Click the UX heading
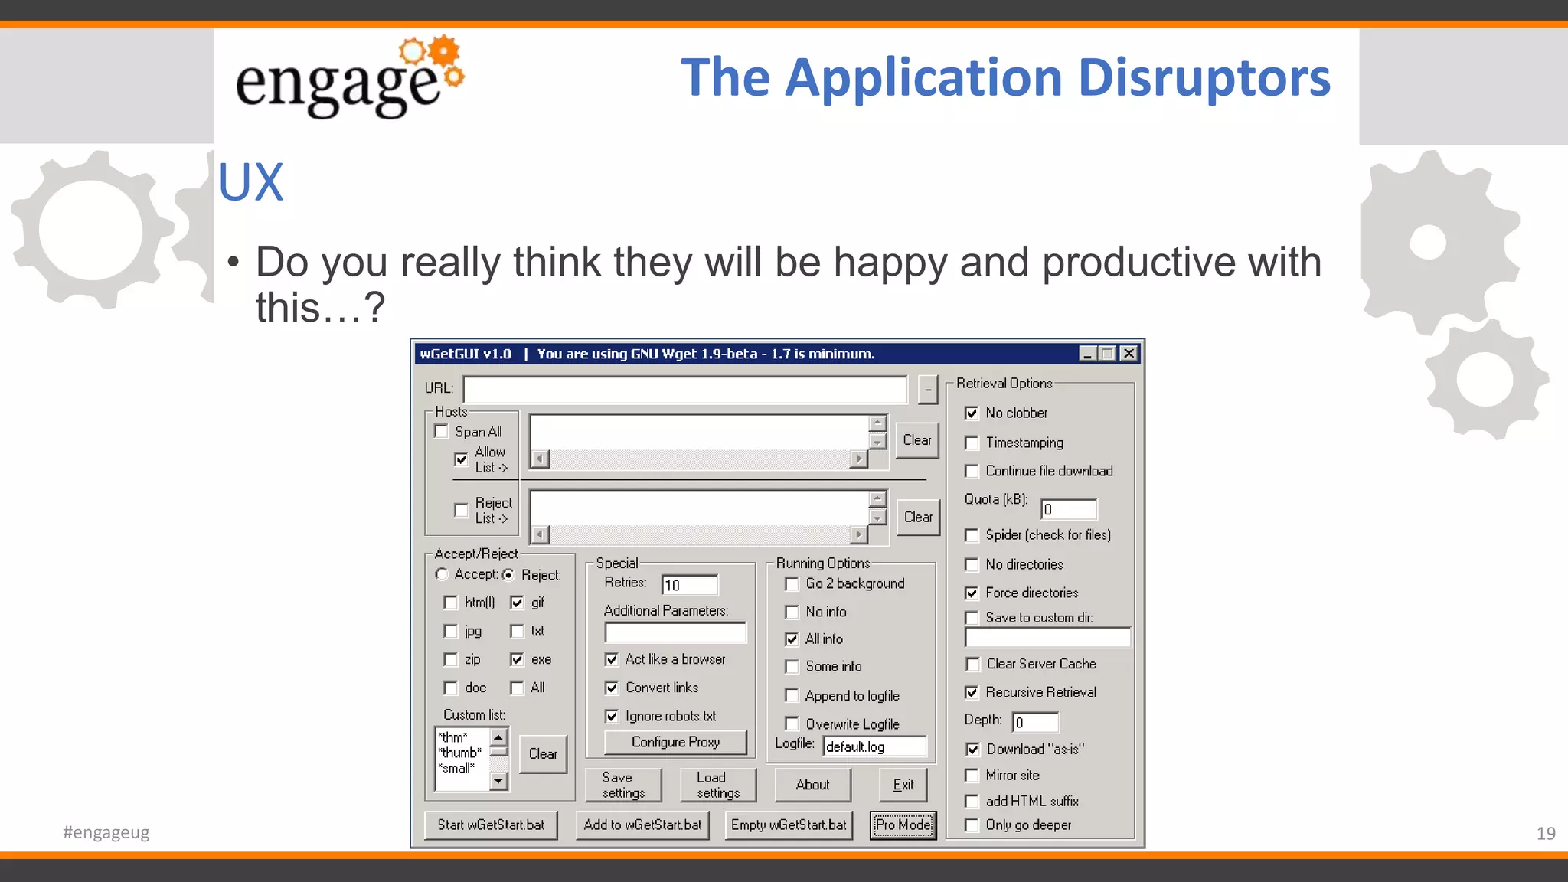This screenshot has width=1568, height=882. point(250,183)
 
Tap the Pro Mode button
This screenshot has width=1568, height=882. point(903,825)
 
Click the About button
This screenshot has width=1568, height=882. point(812,785)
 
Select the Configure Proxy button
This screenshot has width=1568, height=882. point(675,742)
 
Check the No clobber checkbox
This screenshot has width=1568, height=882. point(972,413)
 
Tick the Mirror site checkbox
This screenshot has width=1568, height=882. point(972,776)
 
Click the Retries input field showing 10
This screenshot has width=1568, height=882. point(689,585)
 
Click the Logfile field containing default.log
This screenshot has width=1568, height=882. point(874,746)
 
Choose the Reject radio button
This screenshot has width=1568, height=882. point(508,575)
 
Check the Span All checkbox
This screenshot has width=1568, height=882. point(442,432)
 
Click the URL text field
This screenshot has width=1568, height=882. point(684,389)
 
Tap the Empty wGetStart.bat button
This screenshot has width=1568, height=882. point(788,825)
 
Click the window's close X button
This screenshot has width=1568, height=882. point(1129,354)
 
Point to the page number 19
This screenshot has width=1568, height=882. point(1545,833)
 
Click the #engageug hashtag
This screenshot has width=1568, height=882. point(106,832)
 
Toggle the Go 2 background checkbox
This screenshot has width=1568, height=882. point(792,584)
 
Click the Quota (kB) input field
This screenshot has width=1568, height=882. point(1069,509)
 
